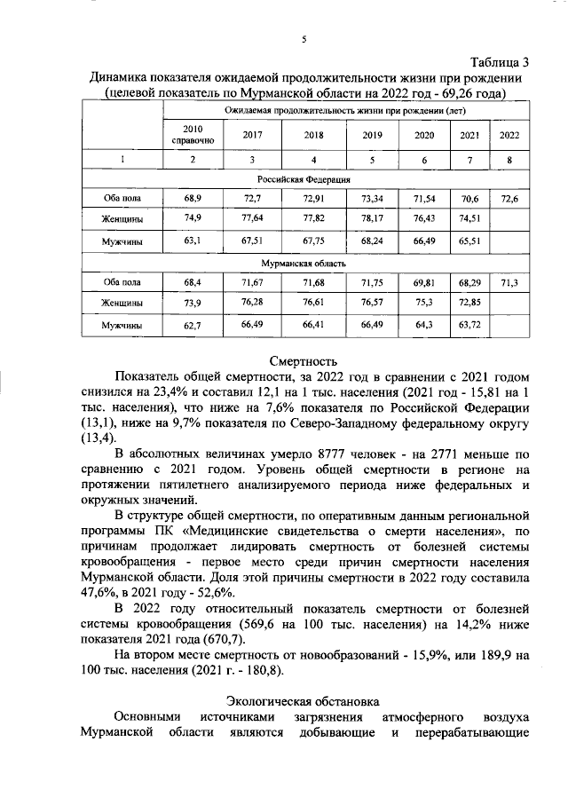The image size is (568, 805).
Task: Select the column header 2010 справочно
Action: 192,135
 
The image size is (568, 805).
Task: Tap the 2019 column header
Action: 372,135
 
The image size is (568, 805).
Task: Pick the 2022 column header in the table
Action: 509,135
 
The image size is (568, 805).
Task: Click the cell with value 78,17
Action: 372,218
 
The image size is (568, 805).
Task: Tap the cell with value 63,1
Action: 192,239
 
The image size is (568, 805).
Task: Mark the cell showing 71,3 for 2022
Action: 509,282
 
